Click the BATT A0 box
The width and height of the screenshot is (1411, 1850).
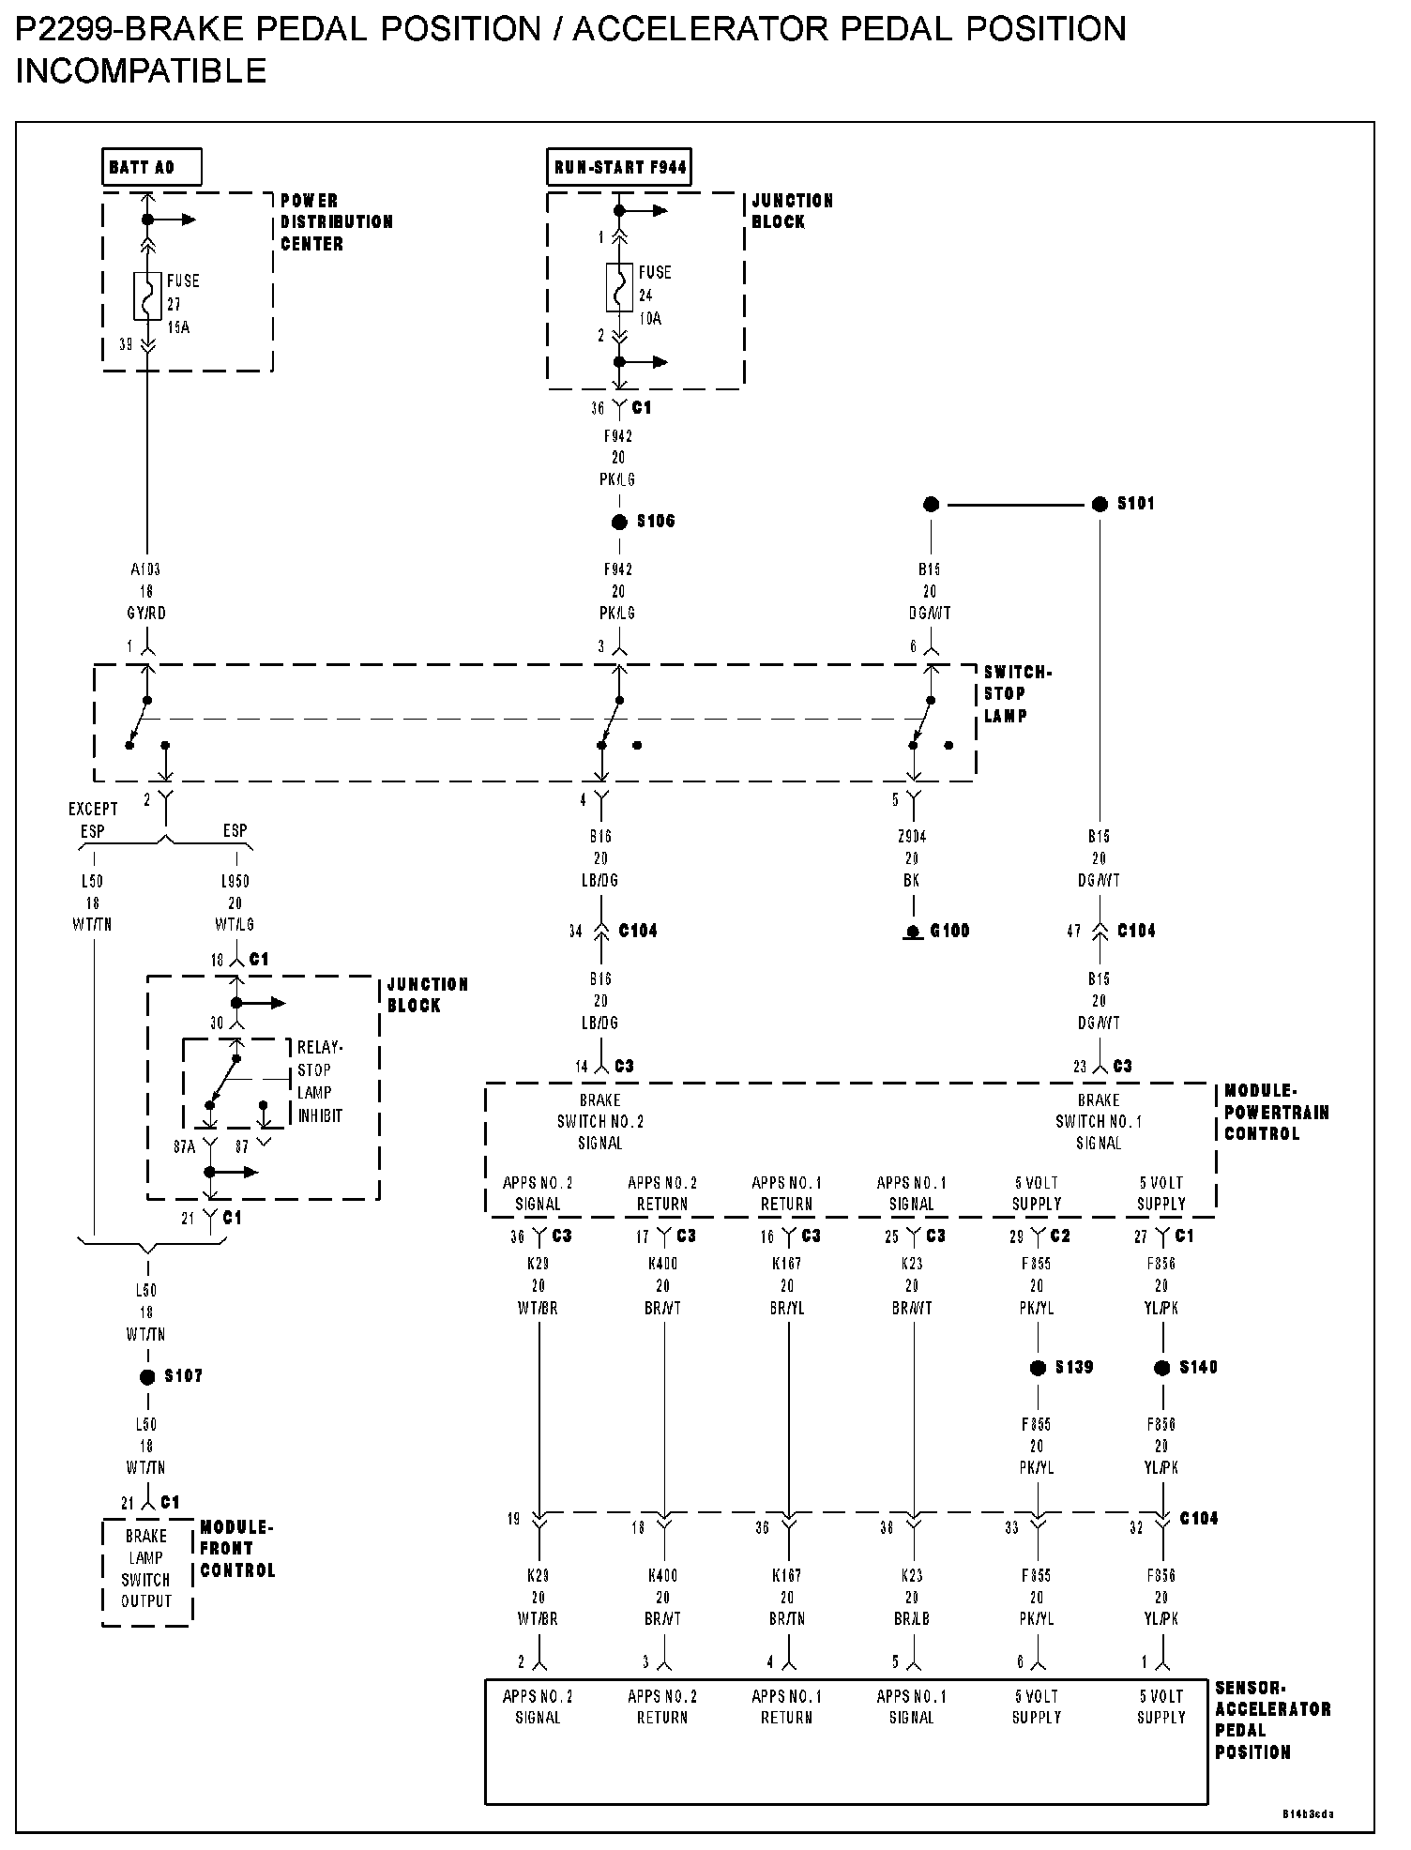(150, 168)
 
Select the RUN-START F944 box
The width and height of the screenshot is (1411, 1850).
(619, 168)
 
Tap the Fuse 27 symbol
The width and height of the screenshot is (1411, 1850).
(147, 297)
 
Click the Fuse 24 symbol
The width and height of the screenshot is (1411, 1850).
(618, 288)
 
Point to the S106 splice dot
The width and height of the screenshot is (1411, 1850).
(619, 523)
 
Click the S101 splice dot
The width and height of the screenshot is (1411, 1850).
(1100, 505)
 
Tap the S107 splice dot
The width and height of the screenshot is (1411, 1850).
(147, 1377)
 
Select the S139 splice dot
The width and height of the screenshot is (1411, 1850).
(1038, 1369)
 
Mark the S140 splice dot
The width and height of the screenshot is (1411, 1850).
(1162, 1369)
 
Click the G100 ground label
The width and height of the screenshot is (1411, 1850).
(948, 932)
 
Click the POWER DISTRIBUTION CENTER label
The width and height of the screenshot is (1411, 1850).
(336, 222)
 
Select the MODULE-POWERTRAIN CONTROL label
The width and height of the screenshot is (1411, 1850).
(1276, 1113)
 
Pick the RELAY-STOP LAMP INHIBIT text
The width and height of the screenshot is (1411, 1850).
(320, 1082)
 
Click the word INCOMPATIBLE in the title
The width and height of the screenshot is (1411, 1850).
(142, 71)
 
